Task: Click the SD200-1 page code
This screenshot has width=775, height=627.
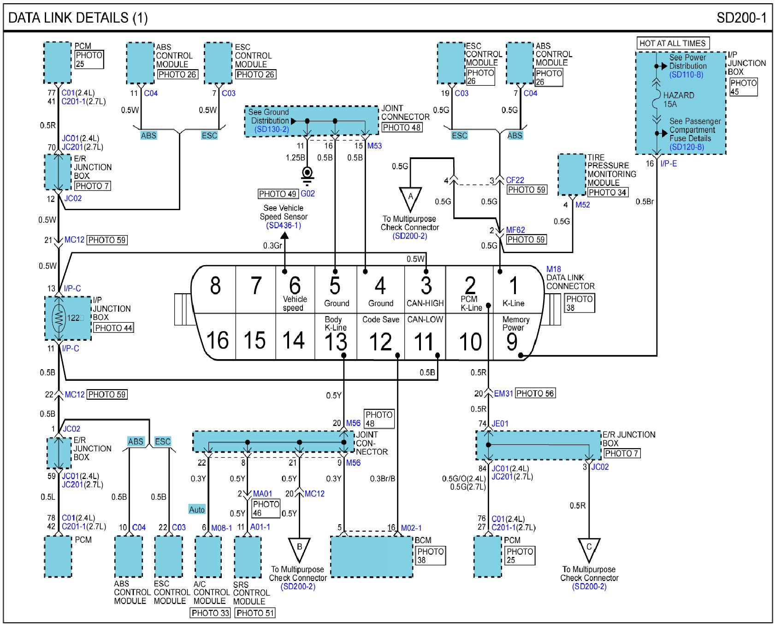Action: (741, 18)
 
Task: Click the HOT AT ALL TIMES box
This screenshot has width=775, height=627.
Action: (673, 43)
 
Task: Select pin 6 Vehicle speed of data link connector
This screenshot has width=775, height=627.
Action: (295, 290)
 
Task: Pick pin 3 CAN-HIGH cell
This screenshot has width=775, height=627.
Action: (425, 290)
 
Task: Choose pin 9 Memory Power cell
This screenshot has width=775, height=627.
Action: (515, 337)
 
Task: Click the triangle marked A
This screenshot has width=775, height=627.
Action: (410, 197)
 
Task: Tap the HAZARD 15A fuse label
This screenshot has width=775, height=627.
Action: (678, 100)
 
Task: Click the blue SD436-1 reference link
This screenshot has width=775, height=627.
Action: (284, 225)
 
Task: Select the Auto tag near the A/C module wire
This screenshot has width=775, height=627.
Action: (197, 509)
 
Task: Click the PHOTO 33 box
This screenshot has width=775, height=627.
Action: (210, 613)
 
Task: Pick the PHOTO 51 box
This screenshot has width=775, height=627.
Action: (255, 613)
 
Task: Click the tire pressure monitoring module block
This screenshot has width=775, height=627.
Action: (572, 175)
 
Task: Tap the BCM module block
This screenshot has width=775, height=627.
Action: (372, 556)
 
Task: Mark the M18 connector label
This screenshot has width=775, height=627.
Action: (554, 269)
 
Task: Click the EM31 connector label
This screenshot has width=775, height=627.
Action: (503, 393)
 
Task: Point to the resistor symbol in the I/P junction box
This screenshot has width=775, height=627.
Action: (59, 318)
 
